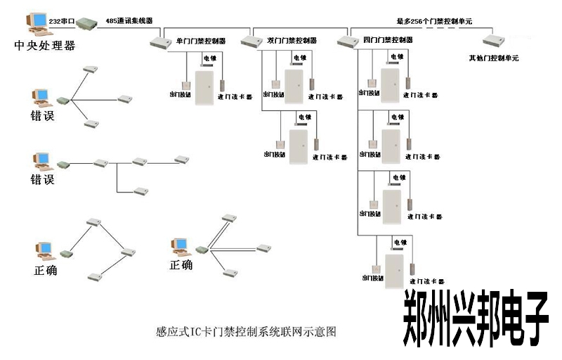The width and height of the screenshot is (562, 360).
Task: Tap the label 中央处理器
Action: click(44, 46)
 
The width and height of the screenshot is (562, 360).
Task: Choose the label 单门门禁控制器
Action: click(200, 40)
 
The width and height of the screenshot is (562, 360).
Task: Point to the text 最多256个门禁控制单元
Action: click(436, 21)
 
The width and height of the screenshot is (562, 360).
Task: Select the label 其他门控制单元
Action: click(493, 57)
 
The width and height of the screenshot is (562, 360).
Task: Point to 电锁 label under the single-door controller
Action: click(210, 58)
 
